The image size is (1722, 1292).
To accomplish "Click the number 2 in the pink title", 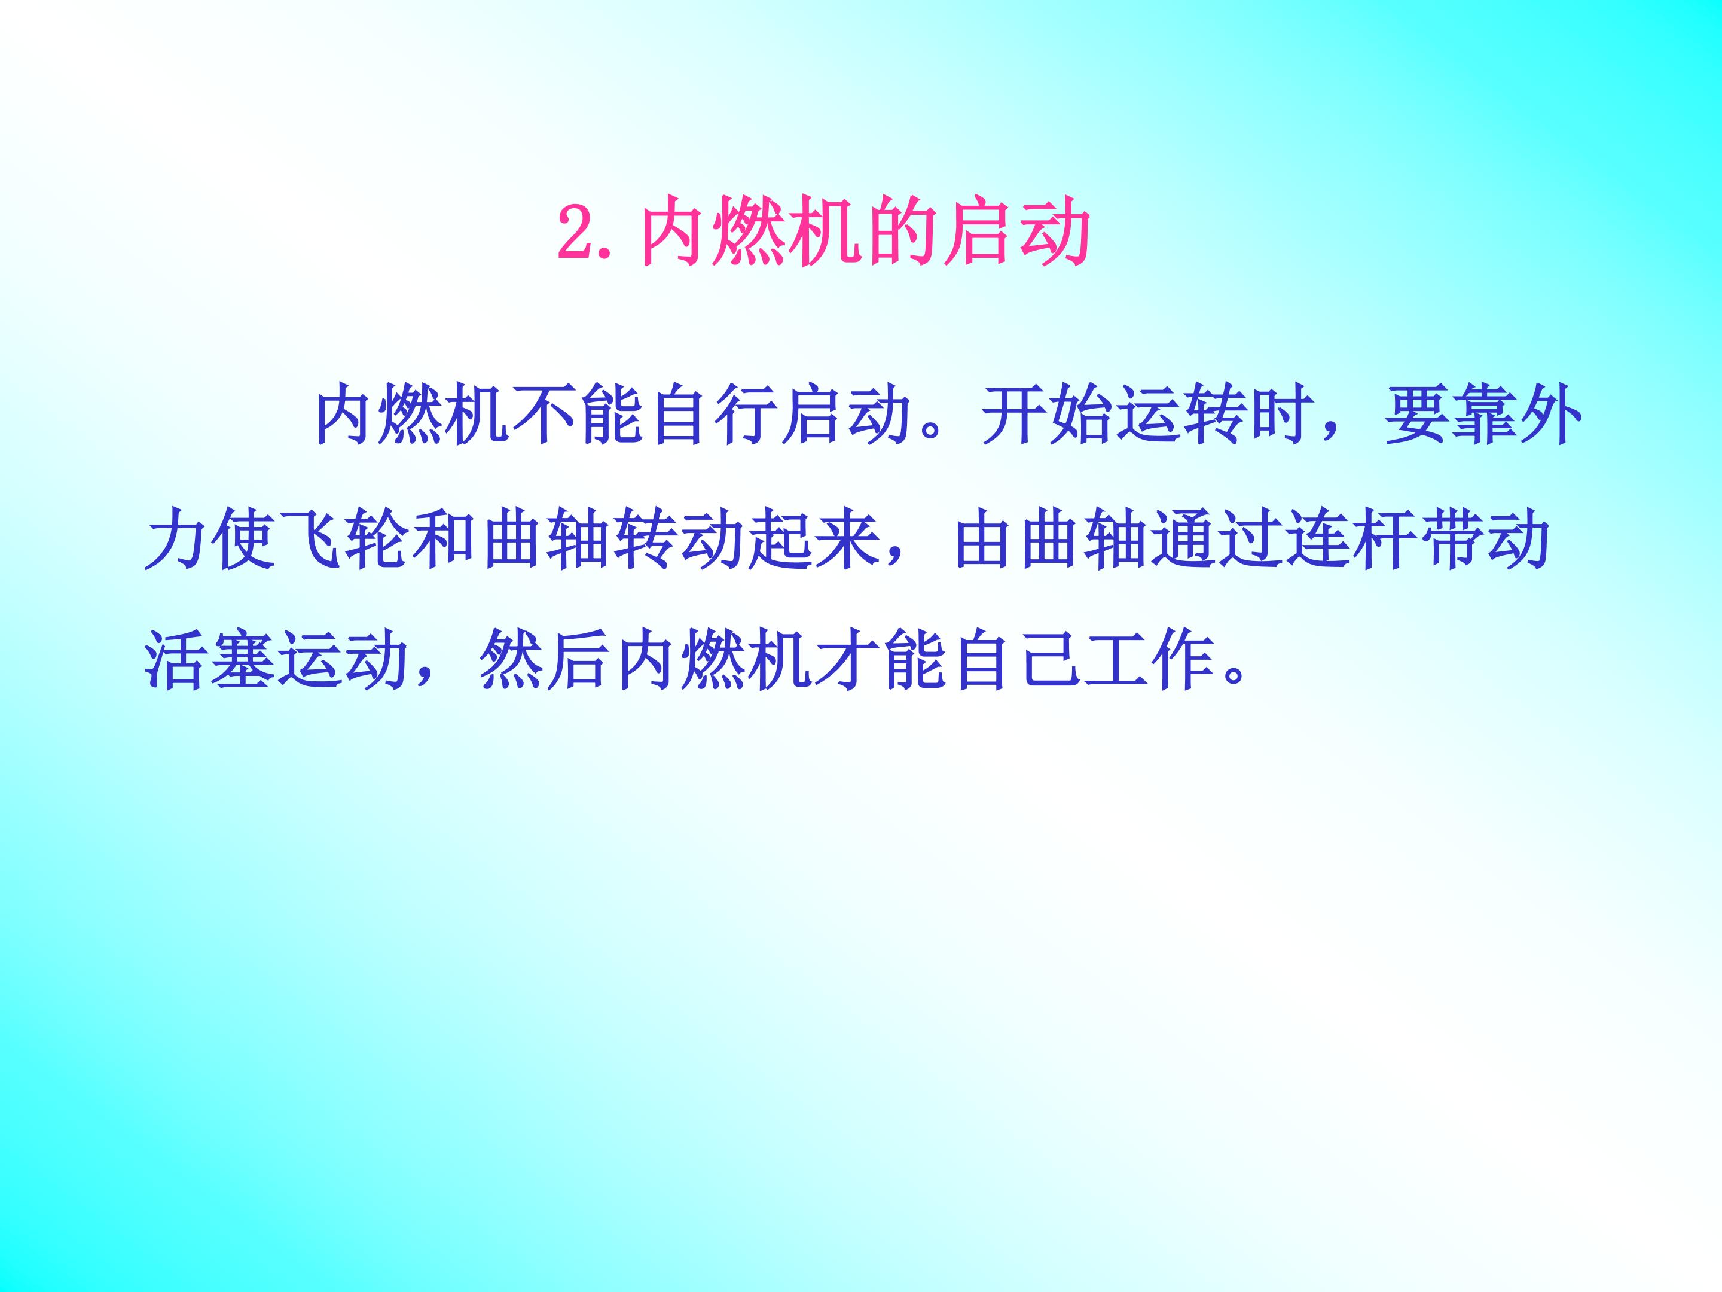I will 577,232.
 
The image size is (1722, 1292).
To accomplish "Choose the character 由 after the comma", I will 982,539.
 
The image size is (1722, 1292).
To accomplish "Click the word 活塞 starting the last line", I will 208,660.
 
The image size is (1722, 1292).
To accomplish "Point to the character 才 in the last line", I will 845,660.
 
